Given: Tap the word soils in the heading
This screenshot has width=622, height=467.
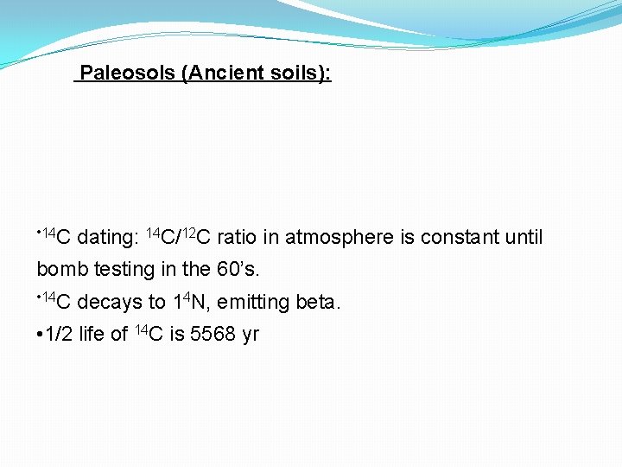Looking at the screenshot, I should click(x=291, y=73).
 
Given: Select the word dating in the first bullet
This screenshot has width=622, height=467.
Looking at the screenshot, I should click(x=107, y=237).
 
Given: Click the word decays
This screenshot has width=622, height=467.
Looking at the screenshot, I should click(x=110, y=303).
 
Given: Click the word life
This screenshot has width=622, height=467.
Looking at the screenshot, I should click(x=92, y=335).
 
